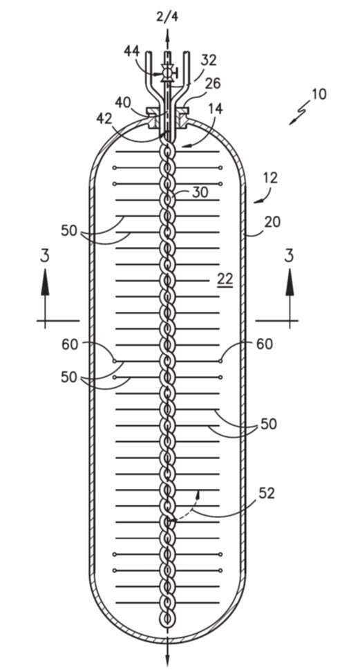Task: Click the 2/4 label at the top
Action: (x=167, y=17)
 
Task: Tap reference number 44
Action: (x=131, y=51)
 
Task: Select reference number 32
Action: (x=209, y=60)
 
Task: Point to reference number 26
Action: (x=212, y=84)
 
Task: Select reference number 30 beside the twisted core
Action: (x=200, y=192)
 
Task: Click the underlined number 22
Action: (x=225, y=279)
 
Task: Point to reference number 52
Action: (x=266, y=493)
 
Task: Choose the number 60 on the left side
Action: (x=70, y=344)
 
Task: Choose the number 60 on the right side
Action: (x=265, y=344)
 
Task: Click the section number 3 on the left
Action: (x=45, y=256)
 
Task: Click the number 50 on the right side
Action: (x=269, y=425)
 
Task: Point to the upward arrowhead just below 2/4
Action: (x=167, y=34)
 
